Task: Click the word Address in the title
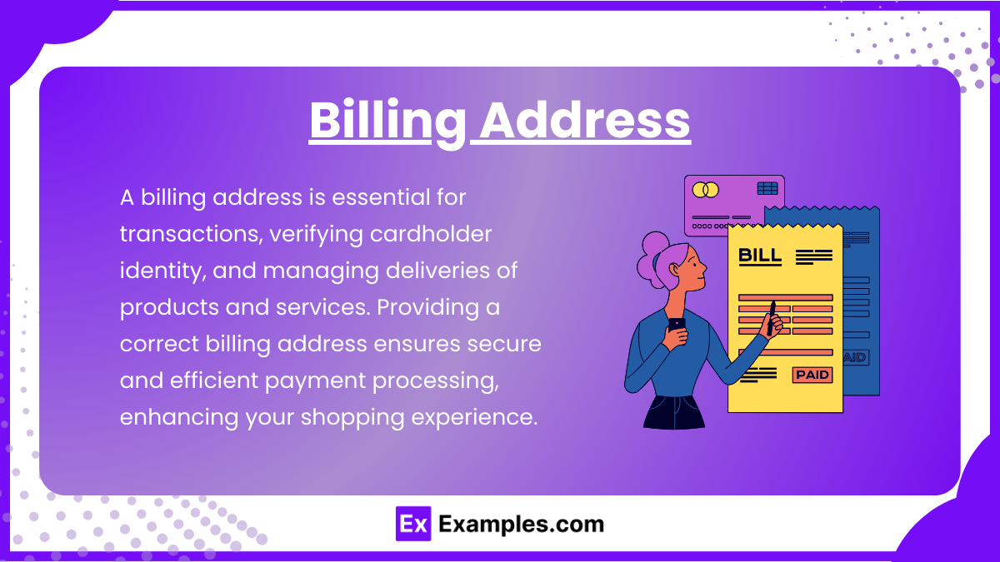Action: (586, 121)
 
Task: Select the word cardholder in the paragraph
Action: (424, 235)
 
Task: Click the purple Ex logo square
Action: (413, 525)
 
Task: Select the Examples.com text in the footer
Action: (521, 525)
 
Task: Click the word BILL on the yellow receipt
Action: (760, 256)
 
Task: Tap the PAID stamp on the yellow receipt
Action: (812, 375)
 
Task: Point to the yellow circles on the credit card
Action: (706, 190)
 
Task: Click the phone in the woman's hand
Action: (677, 324)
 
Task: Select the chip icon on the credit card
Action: (767, 189)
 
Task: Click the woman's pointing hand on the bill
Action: (774, 320)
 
